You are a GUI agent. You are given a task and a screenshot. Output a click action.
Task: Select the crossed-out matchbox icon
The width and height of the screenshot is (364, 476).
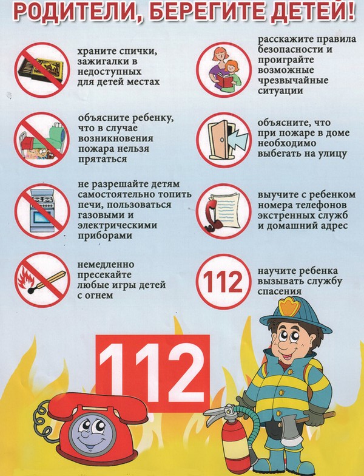coord(42,70)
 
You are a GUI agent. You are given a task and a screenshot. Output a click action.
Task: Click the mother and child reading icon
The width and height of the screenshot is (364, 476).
coord(224,70)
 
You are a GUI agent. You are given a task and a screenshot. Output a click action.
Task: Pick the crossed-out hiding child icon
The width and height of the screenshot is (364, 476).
coord(42,140)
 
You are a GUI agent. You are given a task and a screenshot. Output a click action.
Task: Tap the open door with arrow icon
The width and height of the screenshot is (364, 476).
coord(224,140)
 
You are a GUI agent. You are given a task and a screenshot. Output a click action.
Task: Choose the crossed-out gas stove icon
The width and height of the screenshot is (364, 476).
coord(42,211)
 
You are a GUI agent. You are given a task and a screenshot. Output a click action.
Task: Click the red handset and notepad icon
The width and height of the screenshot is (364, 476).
coord(224,211)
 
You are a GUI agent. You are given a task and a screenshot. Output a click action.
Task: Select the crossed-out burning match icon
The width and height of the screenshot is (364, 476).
coord(42,280)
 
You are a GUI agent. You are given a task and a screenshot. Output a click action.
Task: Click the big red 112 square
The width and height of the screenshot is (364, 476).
coord(153,373)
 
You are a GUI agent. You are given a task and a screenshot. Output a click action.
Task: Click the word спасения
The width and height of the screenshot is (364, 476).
coord(280,291)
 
